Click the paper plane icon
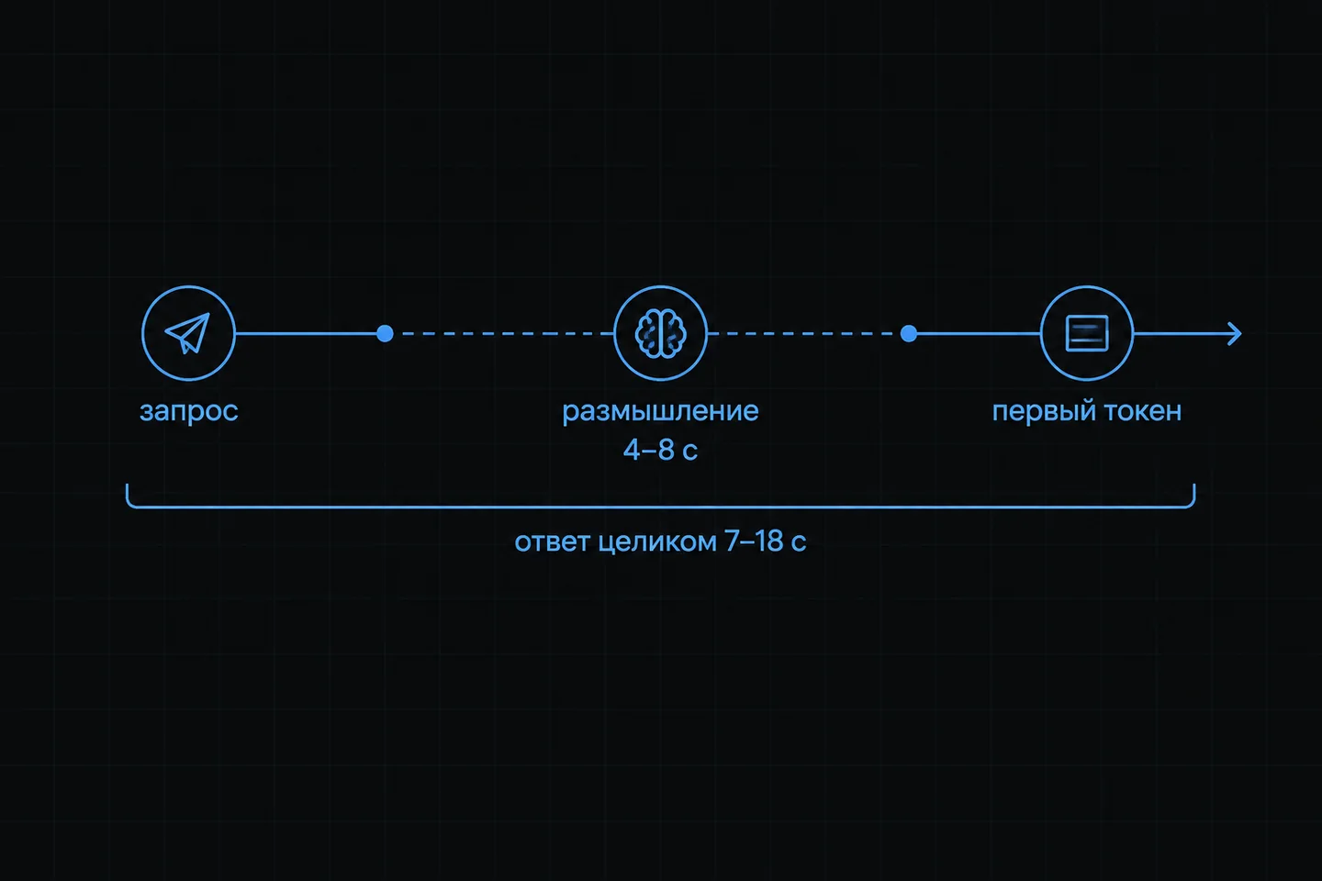187,333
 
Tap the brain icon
660,333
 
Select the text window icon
1087,333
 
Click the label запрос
189,411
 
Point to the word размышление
660,411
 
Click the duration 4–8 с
660,451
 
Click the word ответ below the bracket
552,541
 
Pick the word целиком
657,541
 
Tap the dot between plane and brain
385,333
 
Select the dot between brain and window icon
909,333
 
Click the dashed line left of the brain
508,333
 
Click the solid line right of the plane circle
306,333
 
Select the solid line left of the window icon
979,333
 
